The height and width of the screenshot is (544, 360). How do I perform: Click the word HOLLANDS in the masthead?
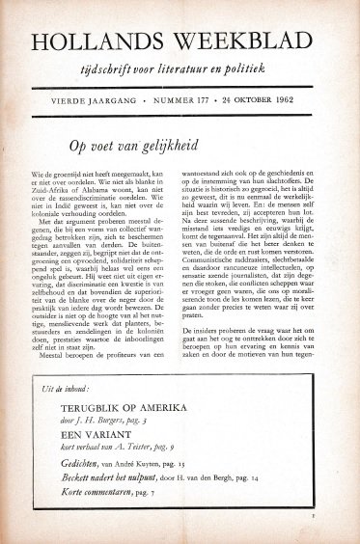point(95,40)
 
